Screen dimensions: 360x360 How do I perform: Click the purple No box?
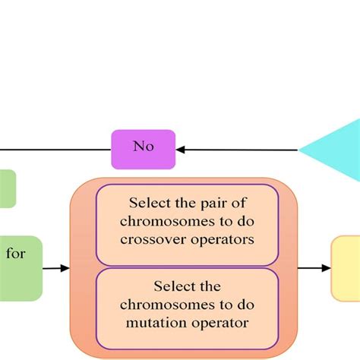click(143, 149)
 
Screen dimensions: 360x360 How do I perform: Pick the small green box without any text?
click(7, 188)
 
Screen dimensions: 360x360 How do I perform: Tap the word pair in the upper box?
click(209, 203)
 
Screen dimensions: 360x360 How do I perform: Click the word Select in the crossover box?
click(149, 203)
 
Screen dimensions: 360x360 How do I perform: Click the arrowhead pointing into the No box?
click(181, 149)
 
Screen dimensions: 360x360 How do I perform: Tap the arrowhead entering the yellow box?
click(326, 267)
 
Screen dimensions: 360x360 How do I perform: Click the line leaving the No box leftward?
click(53, 149)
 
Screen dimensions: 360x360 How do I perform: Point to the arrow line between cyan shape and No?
click(239, 149)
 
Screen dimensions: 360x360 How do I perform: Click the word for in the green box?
click(16, 254)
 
